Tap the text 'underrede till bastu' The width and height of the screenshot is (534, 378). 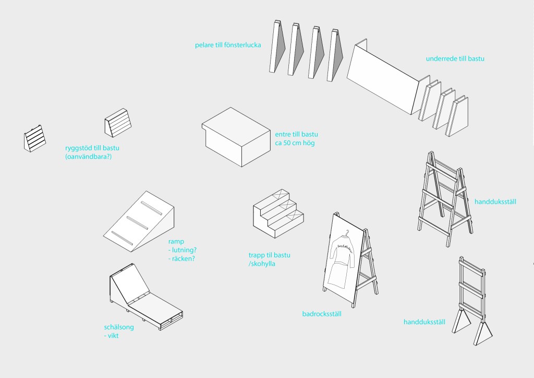click(455, 59)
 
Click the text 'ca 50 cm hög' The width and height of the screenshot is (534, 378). click(295, 143)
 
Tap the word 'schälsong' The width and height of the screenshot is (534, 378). click(119, 327)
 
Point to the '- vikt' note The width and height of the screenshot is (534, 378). click(112, 336)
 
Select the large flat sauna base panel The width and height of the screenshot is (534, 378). click(383, 78)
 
